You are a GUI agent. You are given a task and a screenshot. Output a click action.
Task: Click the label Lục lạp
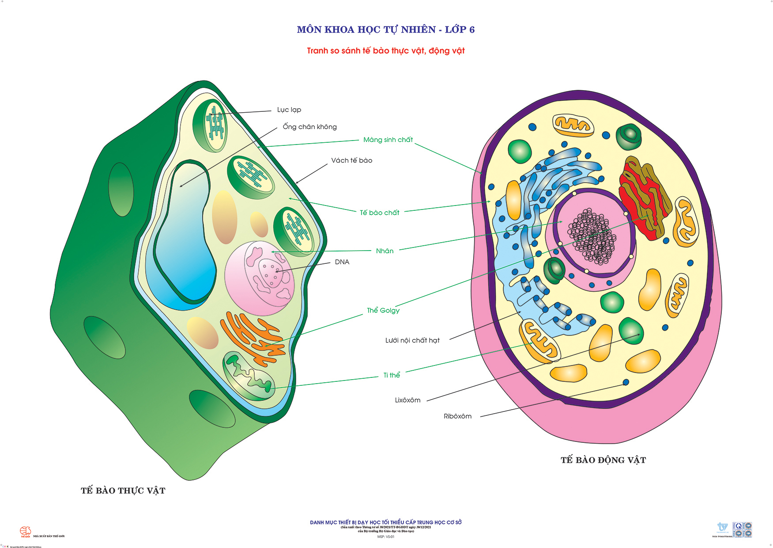coord(289,110)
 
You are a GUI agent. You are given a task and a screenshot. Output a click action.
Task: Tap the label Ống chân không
coord(309,127)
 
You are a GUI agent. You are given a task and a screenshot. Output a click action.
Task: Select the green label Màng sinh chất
coord(388,140)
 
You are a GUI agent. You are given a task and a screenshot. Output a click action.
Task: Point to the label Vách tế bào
coord(351,160)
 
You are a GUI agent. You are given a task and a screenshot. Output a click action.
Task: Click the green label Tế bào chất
coord(379,213)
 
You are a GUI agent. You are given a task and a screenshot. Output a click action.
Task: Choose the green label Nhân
coord(385,251)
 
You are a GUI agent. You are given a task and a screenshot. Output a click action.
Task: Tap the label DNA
coord(342,262)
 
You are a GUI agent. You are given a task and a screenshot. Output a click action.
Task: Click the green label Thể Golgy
coord(383,310)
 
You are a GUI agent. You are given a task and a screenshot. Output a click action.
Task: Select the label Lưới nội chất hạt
coord(412,340)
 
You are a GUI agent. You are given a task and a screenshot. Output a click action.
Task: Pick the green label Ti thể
coord(391,375)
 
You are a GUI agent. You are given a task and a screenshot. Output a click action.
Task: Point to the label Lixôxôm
coord(407,400)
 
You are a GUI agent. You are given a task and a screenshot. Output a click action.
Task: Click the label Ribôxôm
coord(457,416)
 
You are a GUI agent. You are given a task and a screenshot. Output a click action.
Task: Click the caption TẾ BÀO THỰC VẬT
coord(123,491)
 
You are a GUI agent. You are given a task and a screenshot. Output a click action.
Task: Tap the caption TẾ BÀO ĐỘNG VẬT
coord(603,460)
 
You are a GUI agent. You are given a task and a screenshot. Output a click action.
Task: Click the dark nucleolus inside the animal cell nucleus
coord(592,236)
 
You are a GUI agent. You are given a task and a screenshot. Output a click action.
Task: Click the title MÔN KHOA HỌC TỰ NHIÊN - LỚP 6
coord(385,30)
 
